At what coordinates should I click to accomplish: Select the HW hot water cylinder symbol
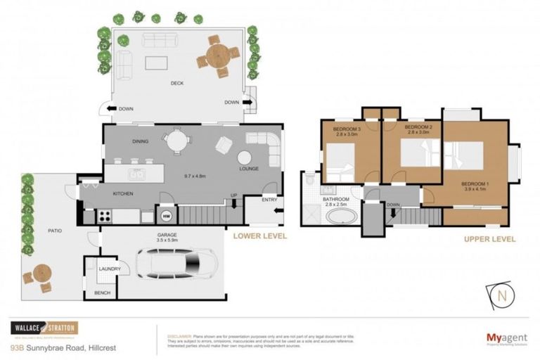click(x=167, y=214)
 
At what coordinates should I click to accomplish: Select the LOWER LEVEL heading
click(x=260, y=236)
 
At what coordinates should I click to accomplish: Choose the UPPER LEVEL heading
click(x=489, y=239)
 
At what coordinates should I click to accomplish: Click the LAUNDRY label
click(x=110, y=269)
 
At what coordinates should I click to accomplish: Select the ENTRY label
click(x=269, y=200)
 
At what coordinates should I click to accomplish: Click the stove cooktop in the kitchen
click(x=105, y=215)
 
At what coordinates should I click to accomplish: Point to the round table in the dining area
click(x=176, y=141)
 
